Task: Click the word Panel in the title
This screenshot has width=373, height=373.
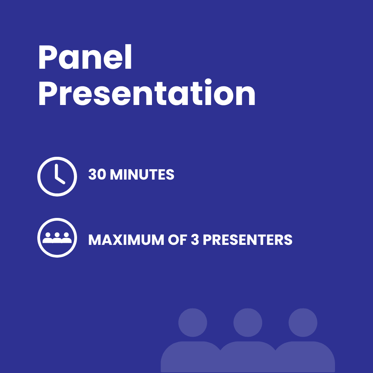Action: coord(85,57)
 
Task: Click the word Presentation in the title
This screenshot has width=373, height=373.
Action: coord(147,92)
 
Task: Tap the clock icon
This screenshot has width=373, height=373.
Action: coord(57,176)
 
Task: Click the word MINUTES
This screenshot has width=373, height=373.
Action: coord(142,174)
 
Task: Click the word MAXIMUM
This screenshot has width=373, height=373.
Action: coord(126,240)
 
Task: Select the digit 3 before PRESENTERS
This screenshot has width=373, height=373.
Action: coord(195,240)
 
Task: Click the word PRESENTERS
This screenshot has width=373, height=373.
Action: coord(247,240)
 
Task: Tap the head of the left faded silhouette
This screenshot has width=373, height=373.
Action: coord(193,323)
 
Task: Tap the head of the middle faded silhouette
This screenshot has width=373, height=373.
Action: coord(248,323)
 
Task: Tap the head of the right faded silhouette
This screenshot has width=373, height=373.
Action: coord(303,323)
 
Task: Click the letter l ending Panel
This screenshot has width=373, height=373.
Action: coord(128,57)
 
